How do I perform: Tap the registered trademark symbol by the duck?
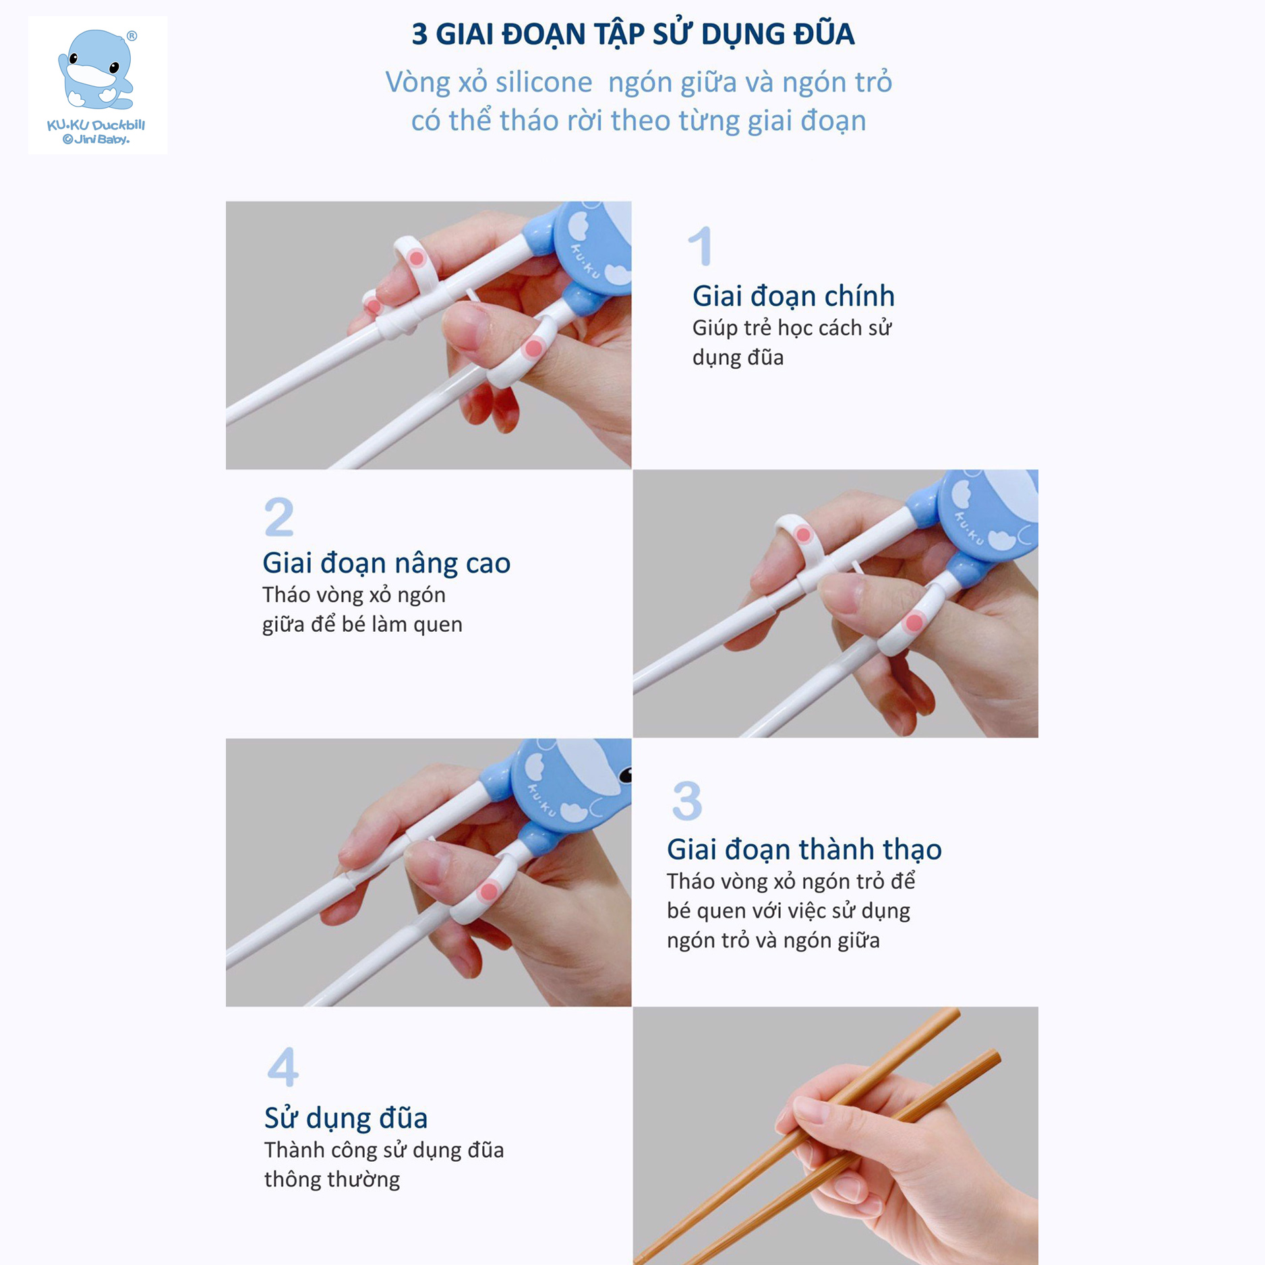pos(131,36)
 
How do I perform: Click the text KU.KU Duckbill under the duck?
pos(96,125)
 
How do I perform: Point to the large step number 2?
pos(278,517)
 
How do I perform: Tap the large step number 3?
pos(686,801)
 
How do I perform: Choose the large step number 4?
pos(283,1067)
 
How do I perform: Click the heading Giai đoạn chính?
pos(793,296)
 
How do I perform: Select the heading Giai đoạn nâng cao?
pos(386,563)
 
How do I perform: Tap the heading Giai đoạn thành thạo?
pos(804,850)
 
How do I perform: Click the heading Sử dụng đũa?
pos(345,1118)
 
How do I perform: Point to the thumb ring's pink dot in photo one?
pos(533,349)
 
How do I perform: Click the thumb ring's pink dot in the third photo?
pos(488,892)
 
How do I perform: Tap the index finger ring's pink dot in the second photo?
pos(802,535)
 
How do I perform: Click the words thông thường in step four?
pos(332,1179)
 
